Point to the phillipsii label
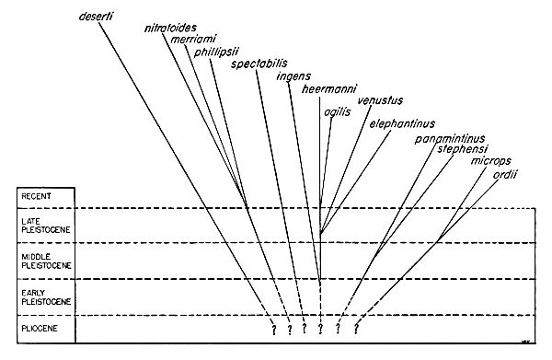click(x=215, y=52)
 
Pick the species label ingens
click(x=293, y=76)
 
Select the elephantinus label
click(x=402, y=124)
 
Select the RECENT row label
click(x=37, y=196)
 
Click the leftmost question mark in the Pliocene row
click(x=272, y=330)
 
